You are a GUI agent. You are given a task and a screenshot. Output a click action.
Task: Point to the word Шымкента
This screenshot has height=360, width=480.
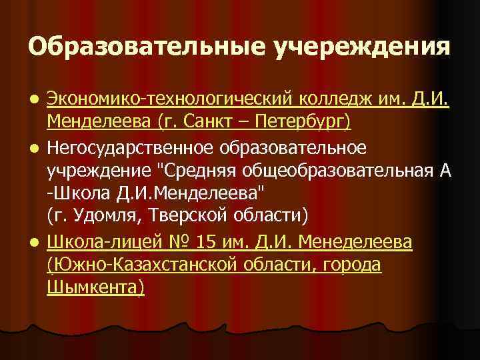coord(96,287)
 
